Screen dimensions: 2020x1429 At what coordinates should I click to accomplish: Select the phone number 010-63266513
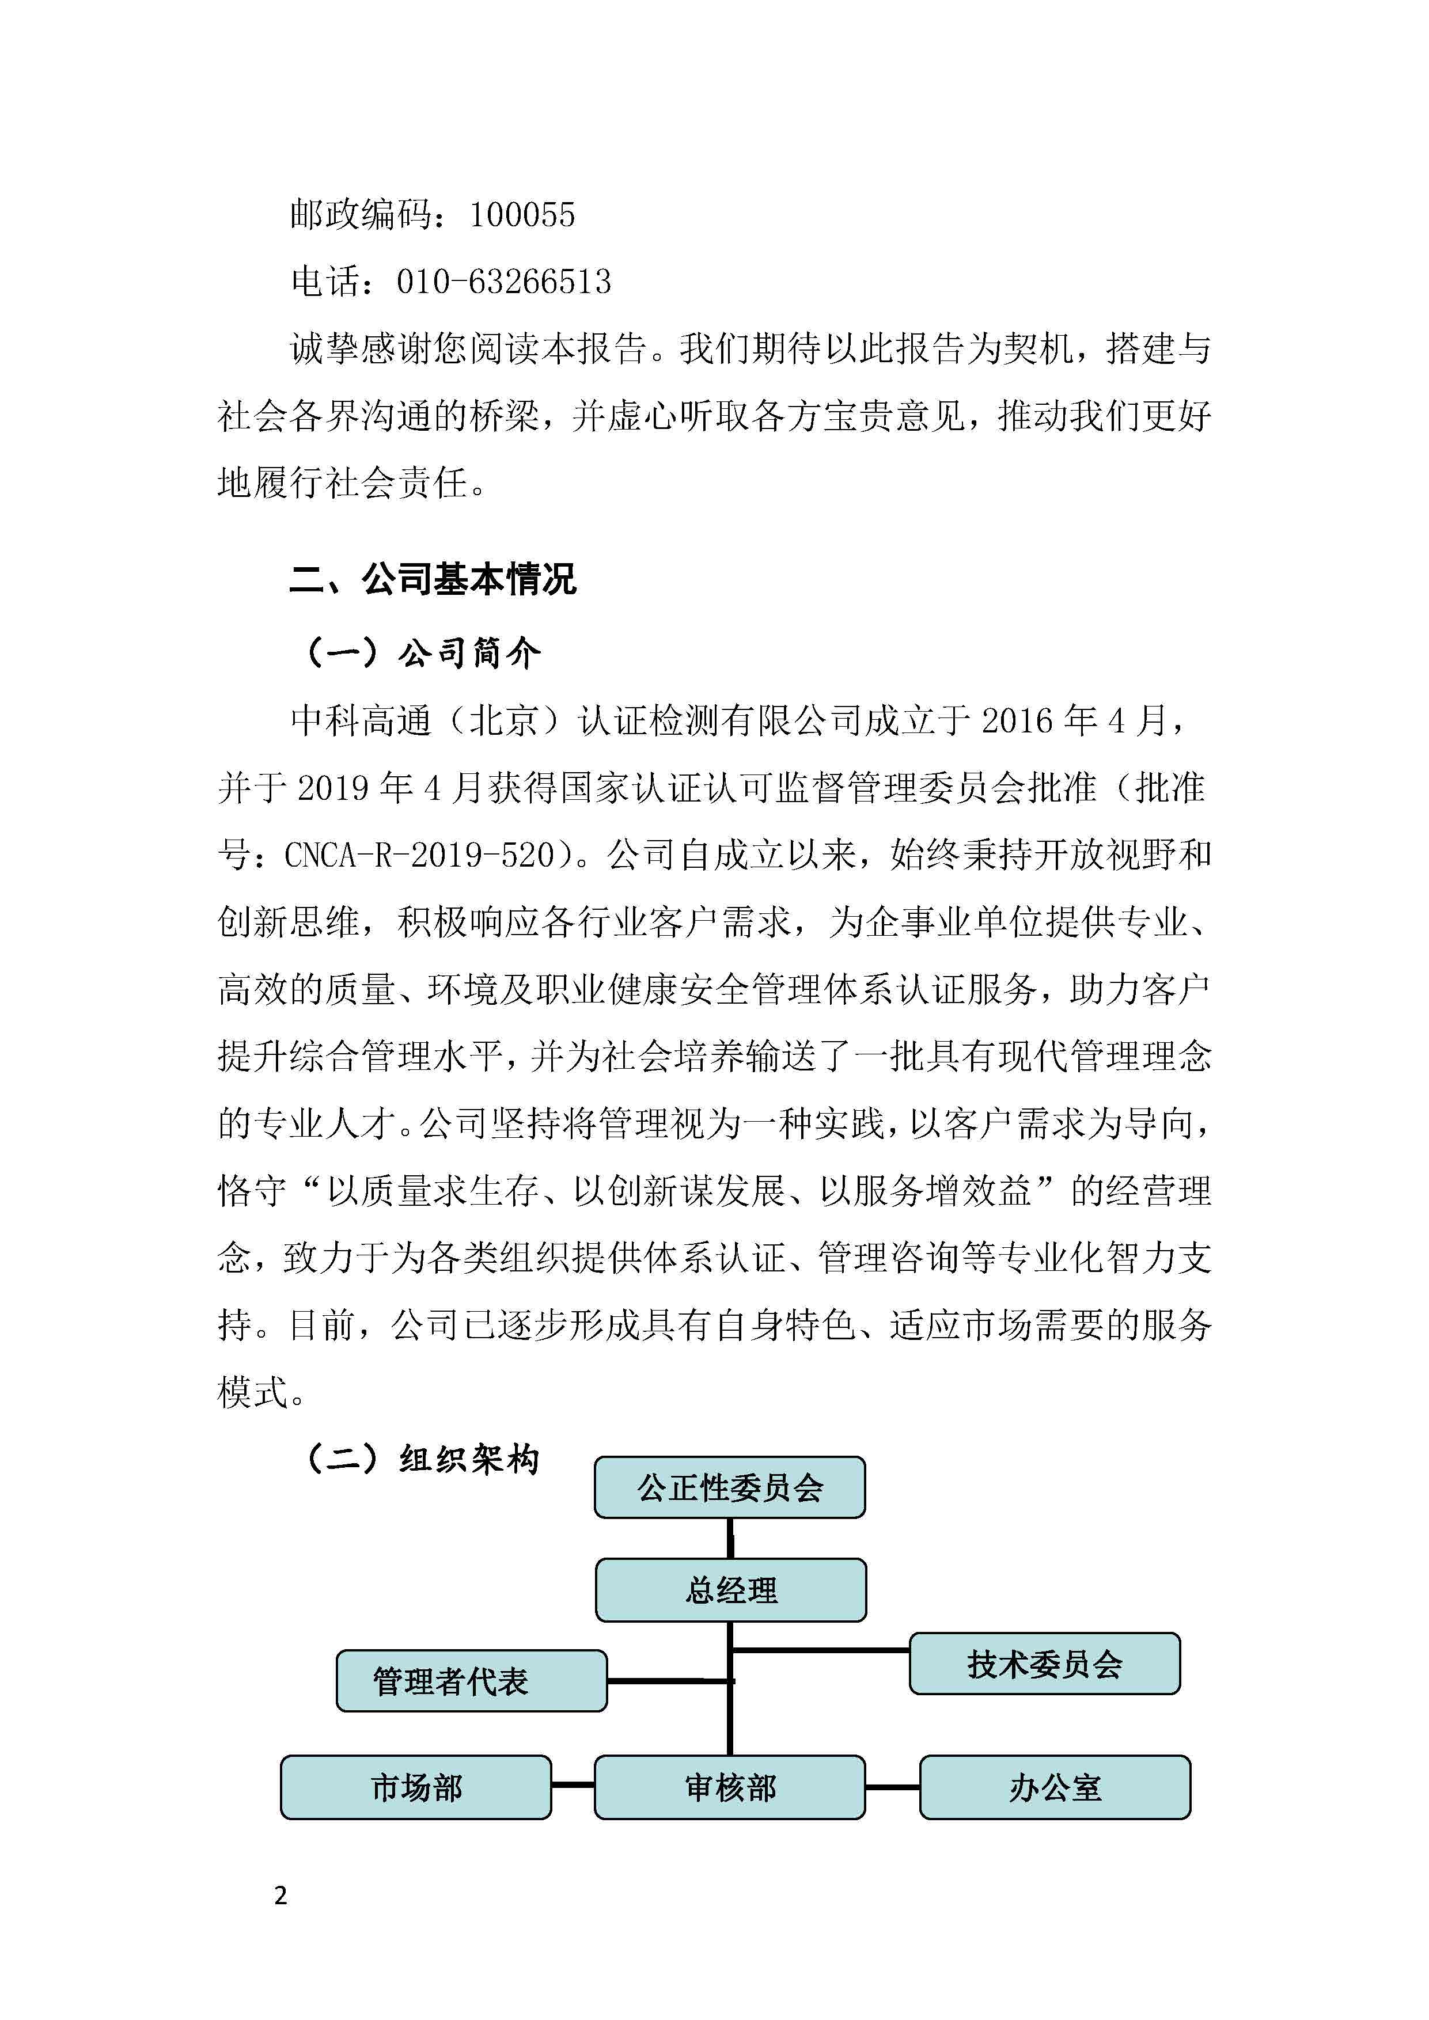click(503, 282)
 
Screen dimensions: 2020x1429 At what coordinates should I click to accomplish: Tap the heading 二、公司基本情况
click(433, 580)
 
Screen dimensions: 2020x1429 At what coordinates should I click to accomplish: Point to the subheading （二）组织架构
click(420, 1460)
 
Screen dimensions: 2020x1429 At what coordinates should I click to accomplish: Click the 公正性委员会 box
click(729, 1488)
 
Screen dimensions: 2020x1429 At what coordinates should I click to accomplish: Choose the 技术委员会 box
click(1044, 1664)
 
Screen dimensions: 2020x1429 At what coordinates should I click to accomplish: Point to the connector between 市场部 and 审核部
click(573, 1785)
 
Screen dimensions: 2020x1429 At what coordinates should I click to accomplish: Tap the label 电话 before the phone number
click(325, 282)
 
